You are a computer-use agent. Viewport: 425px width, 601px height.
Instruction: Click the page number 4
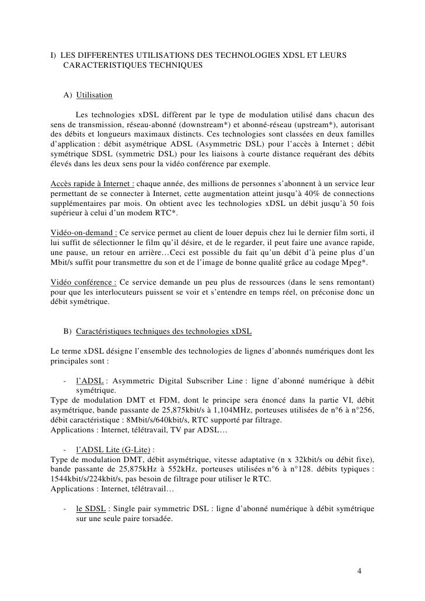(359, 570)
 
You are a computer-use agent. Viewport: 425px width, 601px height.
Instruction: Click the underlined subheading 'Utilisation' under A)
(94, 94)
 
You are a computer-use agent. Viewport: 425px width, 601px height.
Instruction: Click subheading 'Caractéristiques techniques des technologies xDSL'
(163, 331)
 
